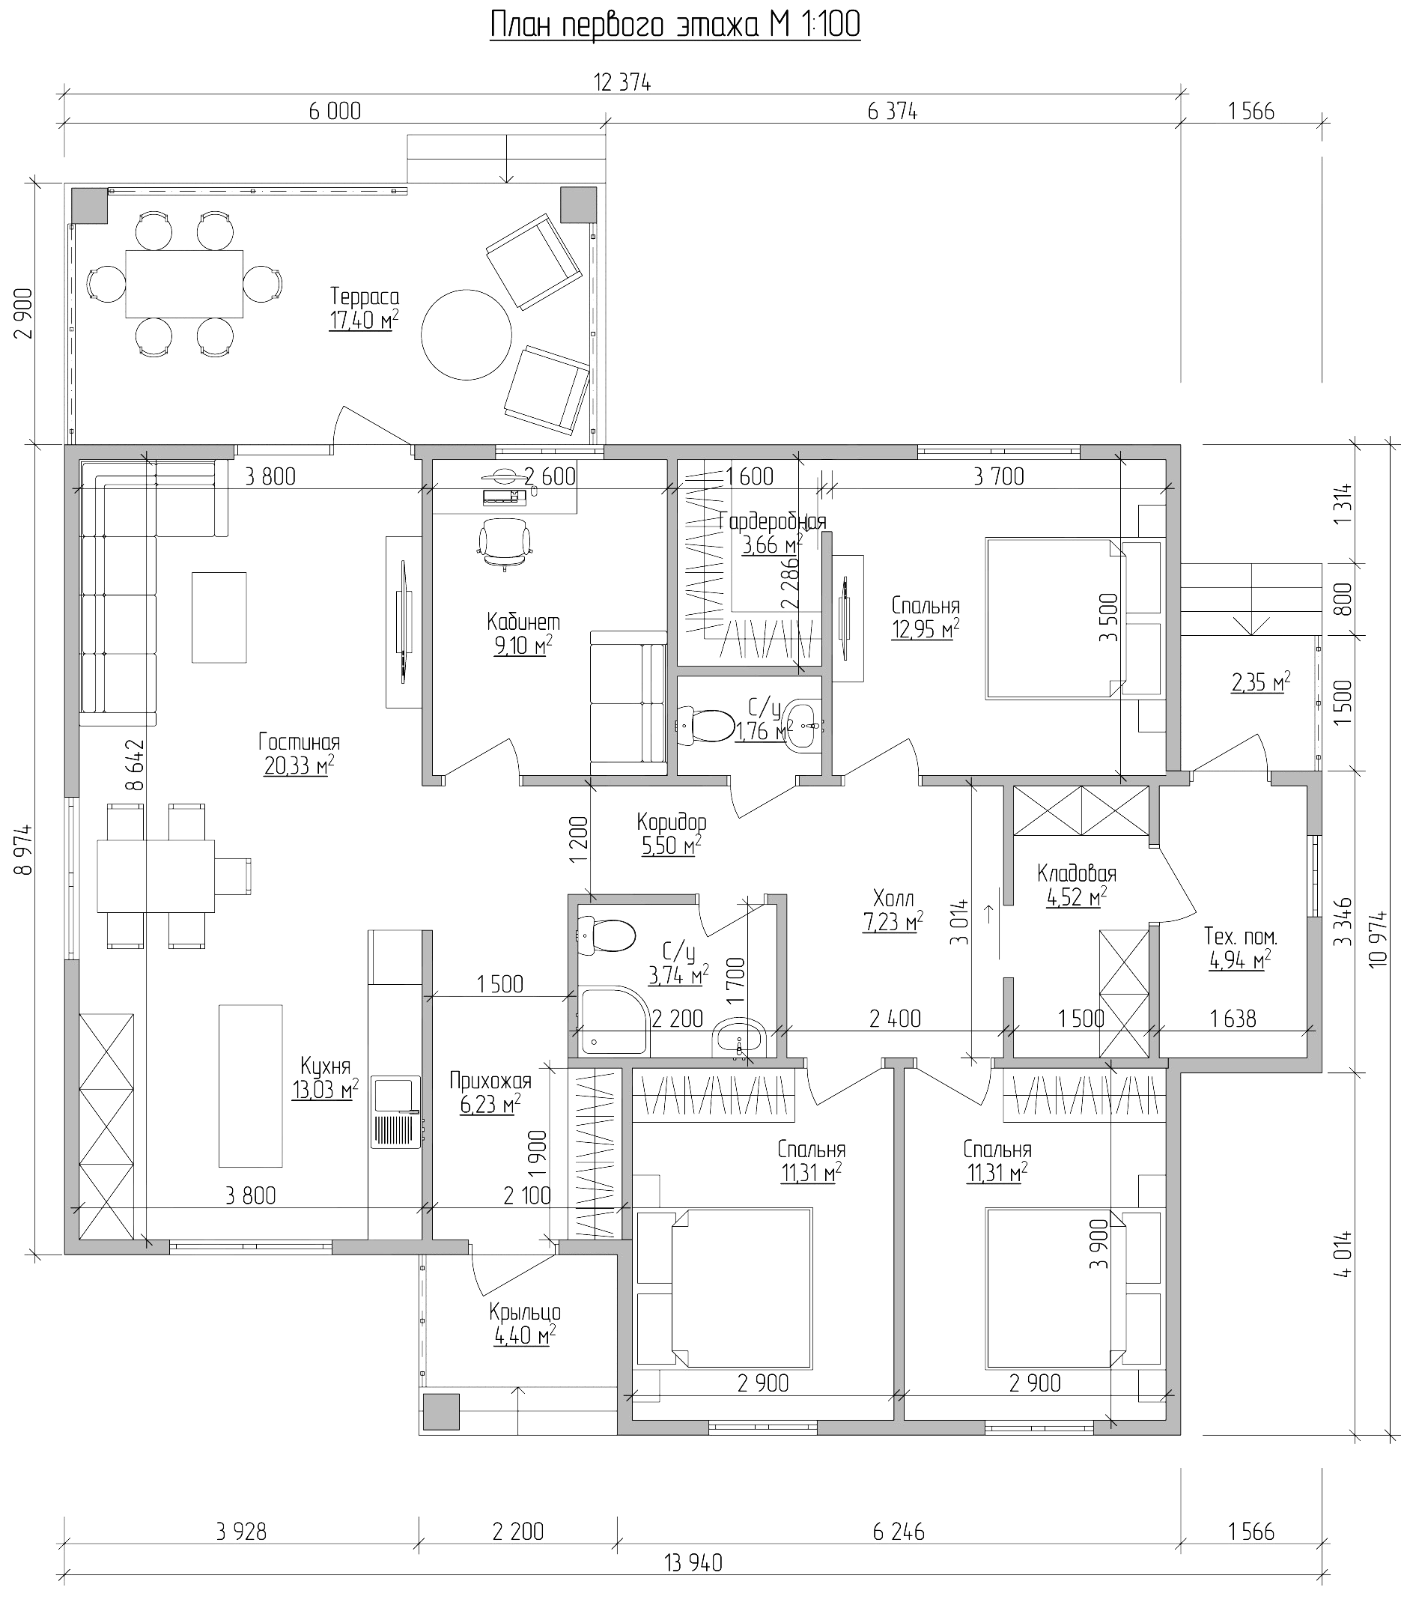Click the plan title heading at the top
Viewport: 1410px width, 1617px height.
click(675, 25)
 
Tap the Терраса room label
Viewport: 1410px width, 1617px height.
click(365, 297)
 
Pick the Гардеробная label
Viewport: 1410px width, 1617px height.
click(773, 521)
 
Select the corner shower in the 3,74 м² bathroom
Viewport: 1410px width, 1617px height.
click(614, 1020)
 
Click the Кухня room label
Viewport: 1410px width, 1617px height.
click(325, 1066)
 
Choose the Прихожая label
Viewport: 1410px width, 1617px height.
click(490, 1080)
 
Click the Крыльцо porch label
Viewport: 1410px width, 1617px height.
click(525, 1311)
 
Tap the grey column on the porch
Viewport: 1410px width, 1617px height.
click(440, 1412)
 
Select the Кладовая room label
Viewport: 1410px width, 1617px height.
click(1076, 873)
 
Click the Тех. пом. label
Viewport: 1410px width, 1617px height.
click(1240, 936)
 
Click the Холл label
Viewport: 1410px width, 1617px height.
click(893, 898)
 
